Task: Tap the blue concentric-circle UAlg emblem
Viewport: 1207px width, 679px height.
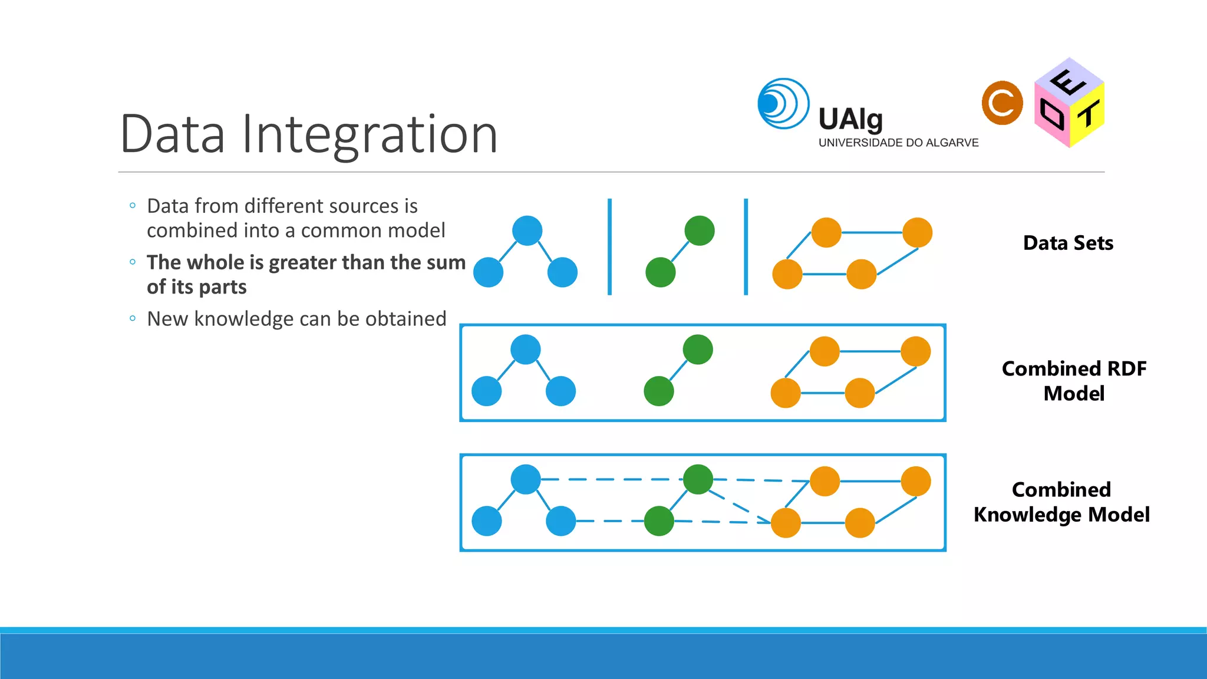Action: click(783, 104)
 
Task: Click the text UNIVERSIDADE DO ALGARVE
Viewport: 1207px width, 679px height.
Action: click(898, 143)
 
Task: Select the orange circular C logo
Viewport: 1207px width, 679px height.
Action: click(1002, 103)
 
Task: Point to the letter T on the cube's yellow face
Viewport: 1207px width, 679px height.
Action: click(1089, 114)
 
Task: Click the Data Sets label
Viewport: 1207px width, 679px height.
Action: click(1068, 243)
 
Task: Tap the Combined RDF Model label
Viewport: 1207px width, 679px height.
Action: click(1074, 381)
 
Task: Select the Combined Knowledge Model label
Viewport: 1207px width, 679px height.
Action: click(1061, 502)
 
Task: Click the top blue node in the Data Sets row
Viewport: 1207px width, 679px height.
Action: click(527, 230)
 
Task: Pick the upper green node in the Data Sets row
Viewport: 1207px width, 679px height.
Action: click(700, 230)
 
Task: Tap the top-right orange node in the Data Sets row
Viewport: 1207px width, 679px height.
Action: click(917, 232)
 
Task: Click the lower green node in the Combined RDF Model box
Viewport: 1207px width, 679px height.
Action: click(659, 391)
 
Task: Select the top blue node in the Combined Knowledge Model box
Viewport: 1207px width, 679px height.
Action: click(526, 479)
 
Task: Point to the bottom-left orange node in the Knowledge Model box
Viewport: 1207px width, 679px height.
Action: click(786, 523)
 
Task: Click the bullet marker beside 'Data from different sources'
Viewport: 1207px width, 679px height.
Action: click(133, 206)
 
